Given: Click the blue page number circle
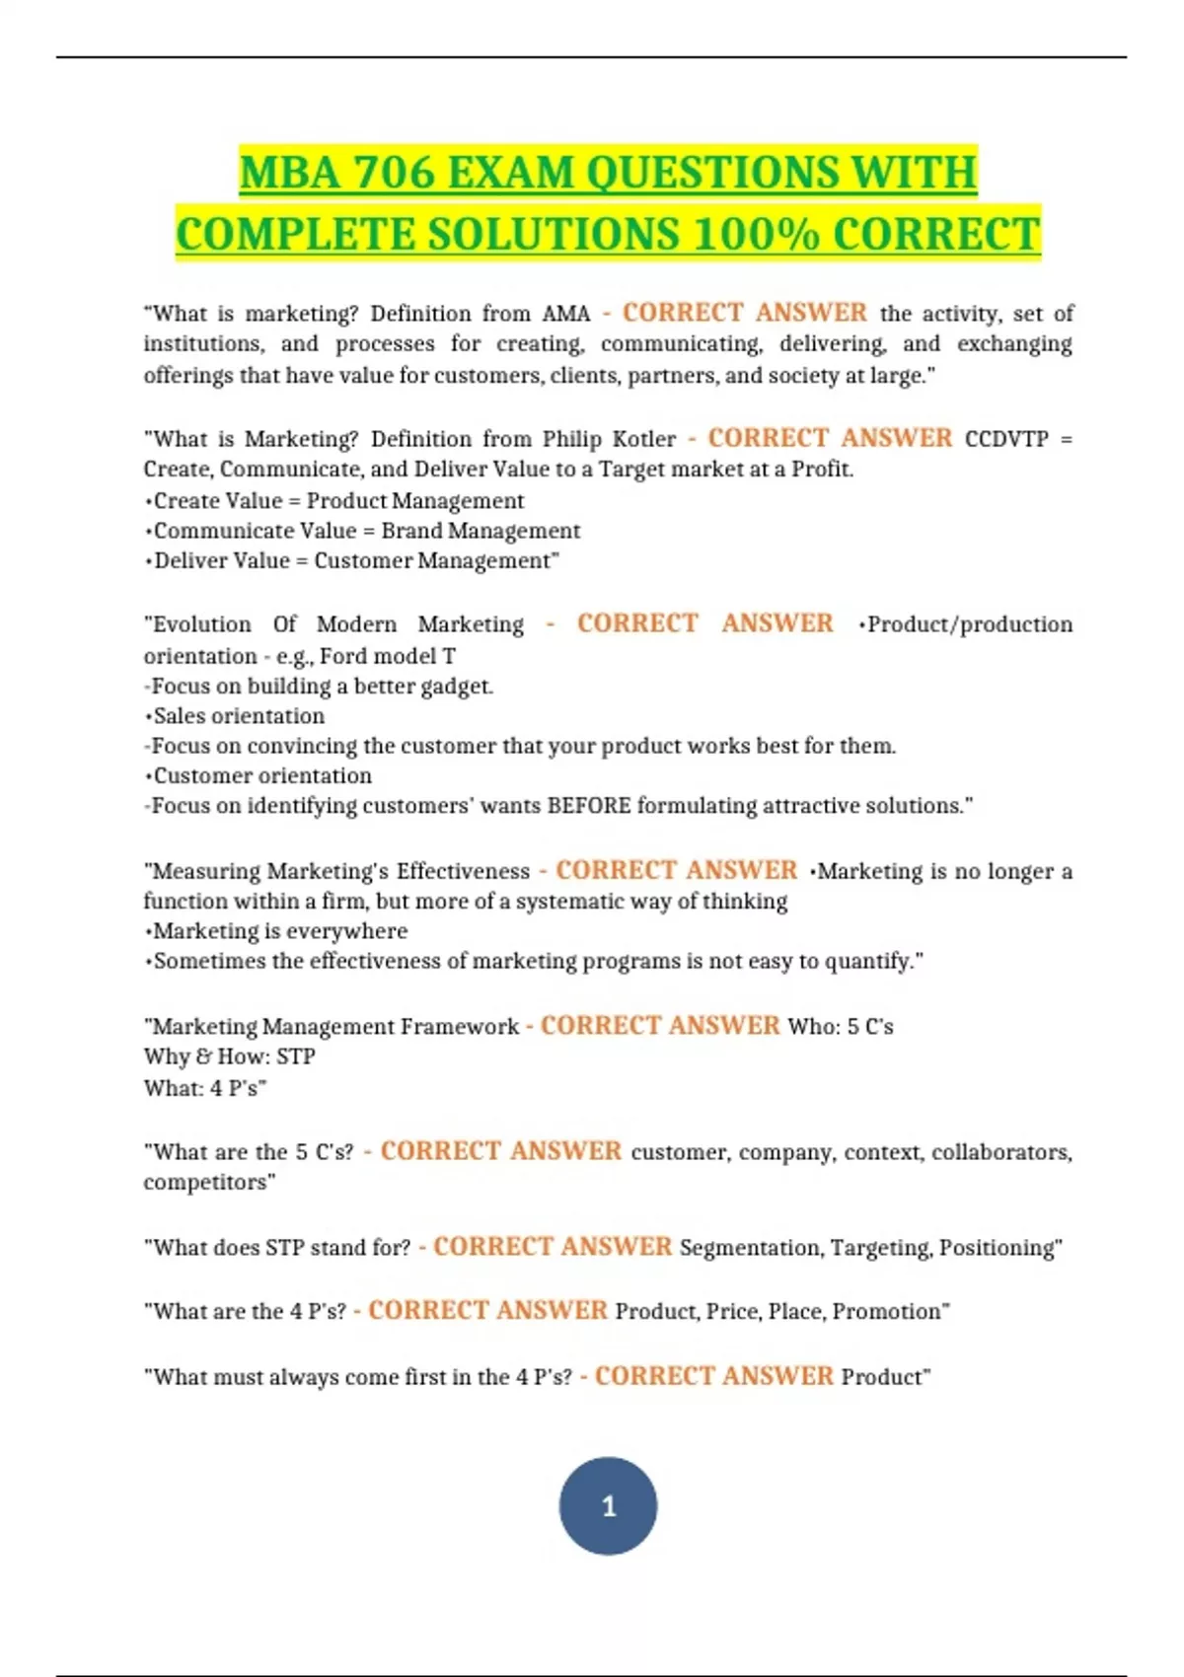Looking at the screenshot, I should coord(608,1505).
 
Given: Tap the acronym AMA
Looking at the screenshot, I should coord(565,314).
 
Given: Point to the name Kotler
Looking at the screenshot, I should coord(644,439).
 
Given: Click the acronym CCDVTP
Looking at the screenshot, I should coord(1005,439).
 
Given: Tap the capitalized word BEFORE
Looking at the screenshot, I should coord(588,806).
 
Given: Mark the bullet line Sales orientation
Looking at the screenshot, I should coord(238,716).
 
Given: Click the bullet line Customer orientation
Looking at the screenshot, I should coord(261,776).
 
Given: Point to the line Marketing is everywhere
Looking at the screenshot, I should coord(279,931).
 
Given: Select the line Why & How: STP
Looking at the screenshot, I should coord(229,1057).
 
